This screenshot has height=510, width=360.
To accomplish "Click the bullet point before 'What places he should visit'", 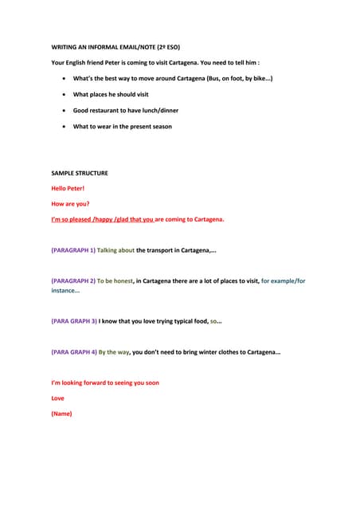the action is click(x=64, y=94).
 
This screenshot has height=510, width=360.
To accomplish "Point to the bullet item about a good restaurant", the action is click(x=125, y=111).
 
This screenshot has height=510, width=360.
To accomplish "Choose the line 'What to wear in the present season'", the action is click(x=122, y=126).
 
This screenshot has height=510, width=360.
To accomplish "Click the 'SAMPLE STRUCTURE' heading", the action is click(x=80, y=173).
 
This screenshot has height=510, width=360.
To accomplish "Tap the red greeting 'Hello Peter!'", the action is click(x=68, y=188).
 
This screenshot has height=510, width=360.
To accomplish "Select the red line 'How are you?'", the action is click(x=70, y=203).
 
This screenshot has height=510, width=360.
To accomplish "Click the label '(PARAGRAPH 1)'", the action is click(x=73, y=250).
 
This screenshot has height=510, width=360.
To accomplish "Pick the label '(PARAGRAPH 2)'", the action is click(x=73, y=280).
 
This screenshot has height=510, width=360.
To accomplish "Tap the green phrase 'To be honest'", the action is click(x=115, y=280).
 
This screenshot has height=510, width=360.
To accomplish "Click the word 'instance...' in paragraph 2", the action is click(x=65, y=291).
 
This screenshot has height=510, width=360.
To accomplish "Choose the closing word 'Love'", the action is click(x=58, y=398).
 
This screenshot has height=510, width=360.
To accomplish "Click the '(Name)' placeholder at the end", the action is click(x=61, y=414).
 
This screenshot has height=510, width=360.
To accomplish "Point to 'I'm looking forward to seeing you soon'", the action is click(x=105, y=382).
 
